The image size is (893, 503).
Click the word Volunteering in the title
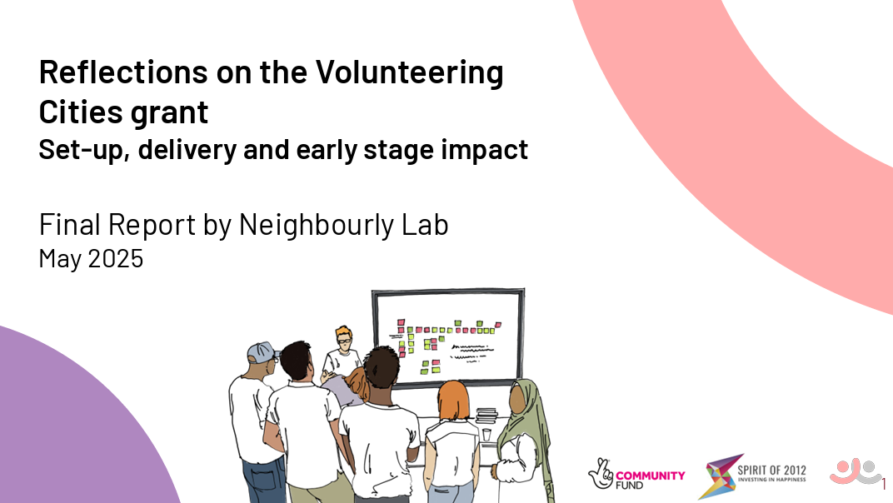[x=410, y=73]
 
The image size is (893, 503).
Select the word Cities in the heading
[x=75, y=112]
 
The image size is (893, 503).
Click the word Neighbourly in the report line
[x=316, y=225]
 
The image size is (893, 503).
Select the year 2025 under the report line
[x=116, y=259]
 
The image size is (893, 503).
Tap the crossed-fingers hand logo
[x=601, y=473]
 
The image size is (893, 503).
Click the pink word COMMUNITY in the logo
[x=651, y=475]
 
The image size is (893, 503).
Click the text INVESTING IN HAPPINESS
[x=771, y=480]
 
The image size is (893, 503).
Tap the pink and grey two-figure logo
[x=855, y=471]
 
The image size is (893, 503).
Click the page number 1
[x=884, y=485]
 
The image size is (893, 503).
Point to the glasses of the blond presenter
[x=344, y=341]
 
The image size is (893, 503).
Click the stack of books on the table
[x=486, y=415]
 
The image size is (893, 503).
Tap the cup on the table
[x=486, y=435]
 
